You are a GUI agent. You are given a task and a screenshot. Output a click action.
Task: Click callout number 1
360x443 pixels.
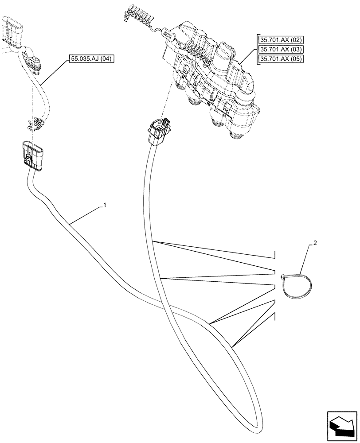tap(104, 205)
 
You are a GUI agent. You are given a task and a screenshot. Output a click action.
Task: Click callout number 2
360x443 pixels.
tap(315, 243)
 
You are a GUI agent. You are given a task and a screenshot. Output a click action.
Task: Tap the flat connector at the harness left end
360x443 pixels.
tap(31, 155)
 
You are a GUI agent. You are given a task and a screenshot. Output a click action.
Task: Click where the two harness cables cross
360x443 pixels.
tap(165, 308)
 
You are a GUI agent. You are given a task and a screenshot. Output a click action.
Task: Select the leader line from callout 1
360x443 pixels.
tap(86, 215)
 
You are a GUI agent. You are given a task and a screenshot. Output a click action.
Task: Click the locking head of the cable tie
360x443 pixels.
tap(283, 276)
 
